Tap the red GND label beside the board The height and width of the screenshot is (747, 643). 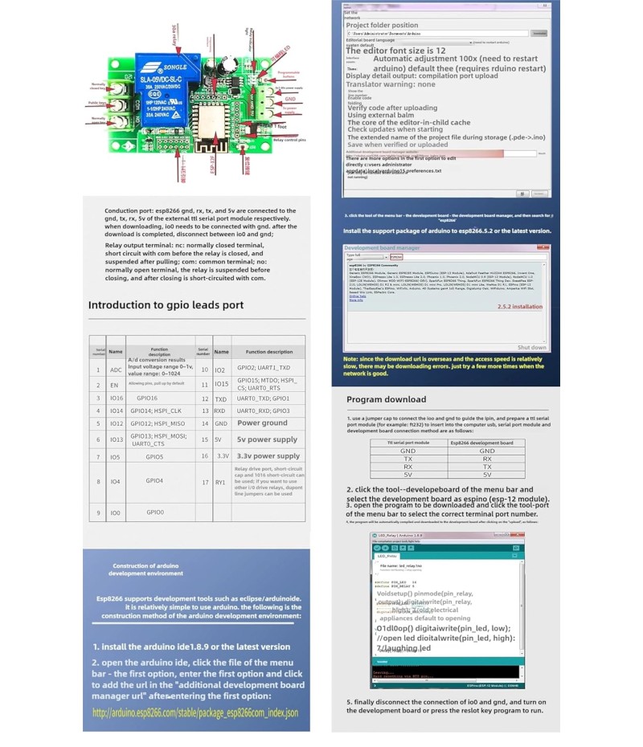[290, 100]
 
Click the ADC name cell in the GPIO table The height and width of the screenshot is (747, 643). [116, 369]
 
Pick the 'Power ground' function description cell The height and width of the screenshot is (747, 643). [262, 422]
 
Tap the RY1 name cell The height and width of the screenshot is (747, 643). [220, 482]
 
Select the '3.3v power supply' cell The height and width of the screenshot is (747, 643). [267, 455]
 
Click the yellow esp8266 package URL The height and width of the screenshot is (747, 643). [195, 712]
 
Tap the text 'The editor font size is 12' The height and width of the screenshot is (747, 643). [395, 51]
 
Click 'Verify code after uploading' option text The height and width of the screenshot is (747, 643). [391, 108]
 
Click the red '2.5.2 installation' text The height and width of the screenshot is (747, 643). [519, 306]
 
